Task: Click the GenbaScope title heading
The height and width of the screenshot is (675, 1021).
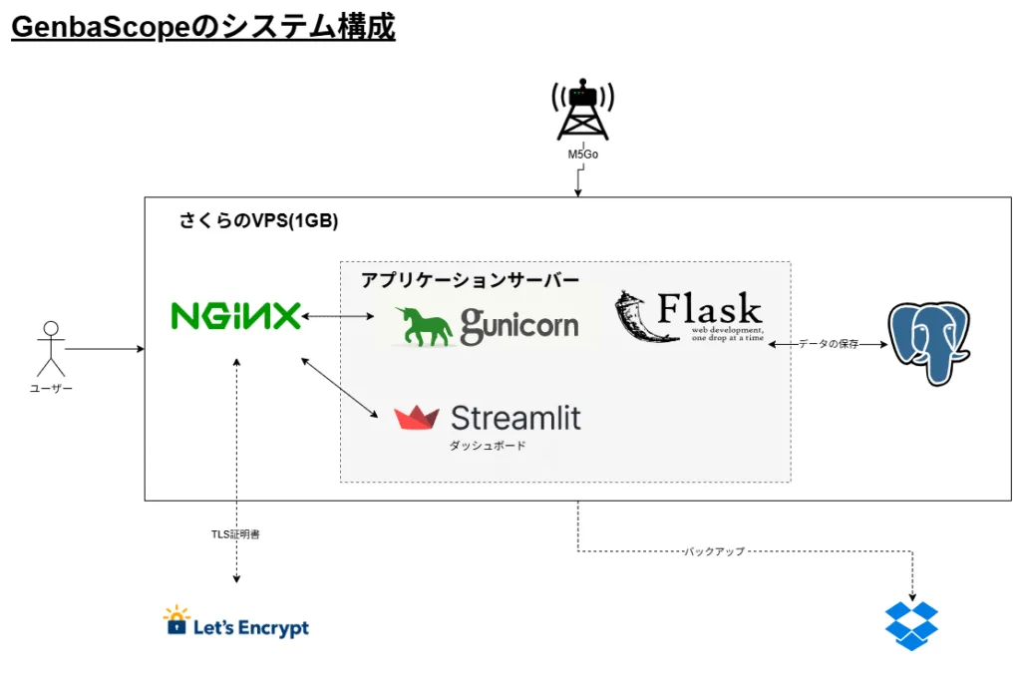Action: coord(202,27)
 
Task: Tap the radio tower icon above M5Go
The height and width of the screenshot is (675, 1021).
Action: coord(582,110)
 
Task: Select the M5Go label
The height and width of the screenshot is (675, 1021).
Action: coord(583,155)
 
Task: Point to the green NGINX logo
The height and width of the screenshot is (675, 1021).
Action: coord(235,317)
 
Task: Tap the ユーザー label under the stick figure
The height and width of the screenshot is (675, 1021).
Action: coord(50,388)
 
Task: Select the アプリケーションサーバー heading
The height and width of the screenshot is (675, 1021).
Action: coord(470,280)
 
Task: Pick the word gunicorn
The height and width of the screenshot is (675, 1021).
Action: coord(518,324)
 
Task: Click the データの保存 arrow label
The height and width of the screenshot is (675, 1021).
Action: coord(828,344)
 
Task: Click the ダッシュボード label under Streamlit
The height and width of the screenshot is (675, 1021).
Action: coord(487,446)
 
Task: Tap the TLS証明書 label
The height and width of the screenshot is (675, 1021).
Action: coord(235,534)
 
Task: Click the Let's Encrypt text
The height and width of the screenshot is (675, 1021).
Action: coord(251,628)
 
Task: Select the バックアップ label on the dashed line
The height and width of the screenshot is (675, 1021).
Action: coord(714,551)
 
